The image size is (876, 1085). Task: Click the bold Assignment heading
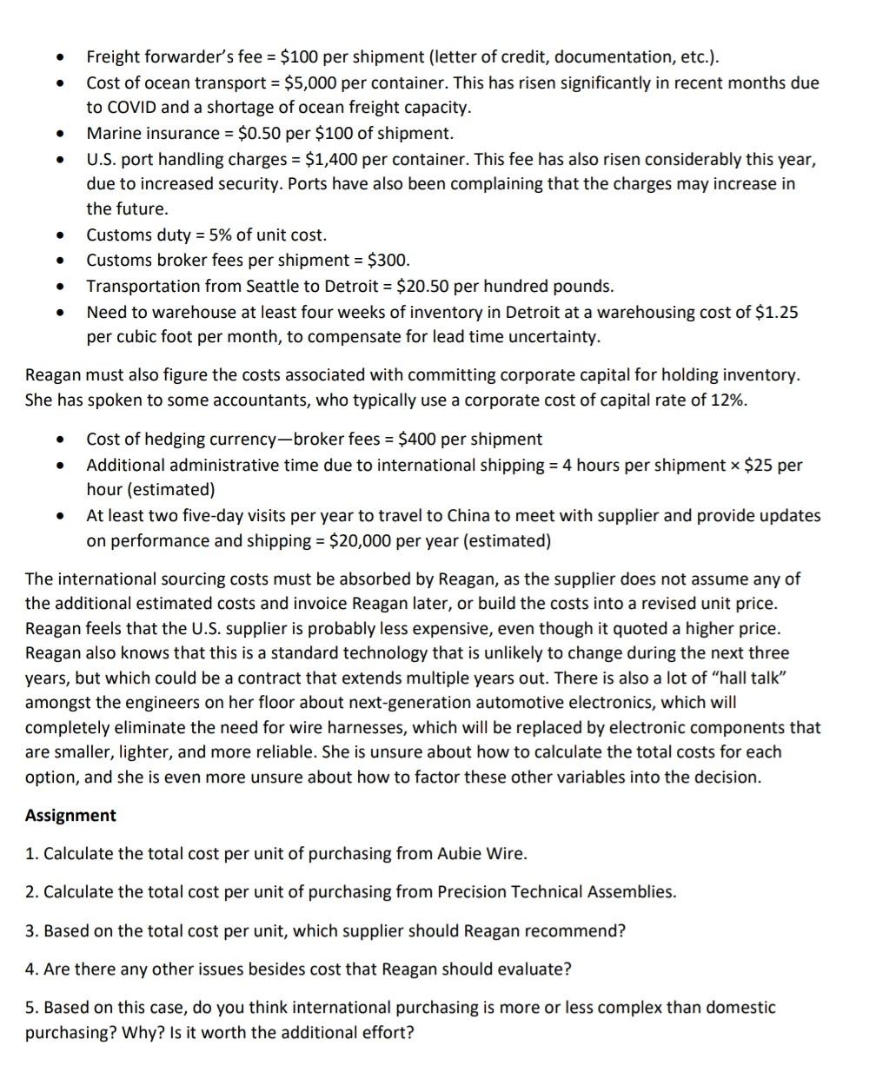[x=70, y=816]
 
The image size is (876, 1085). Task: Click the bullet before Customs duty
[x=59, y=235]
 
